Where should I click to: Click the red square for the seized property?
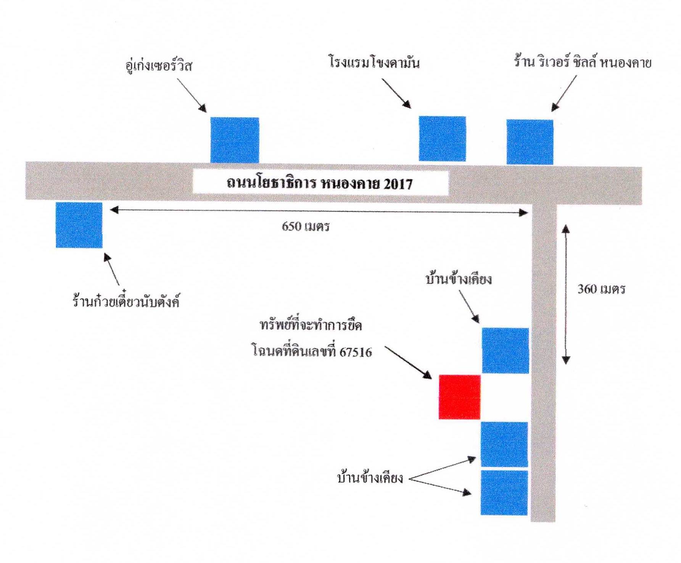pos(459,397)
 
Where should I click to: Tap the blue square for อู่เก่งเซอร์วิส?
pos(235,140)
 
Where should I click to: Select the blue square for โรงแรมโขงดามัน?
pos(442,139)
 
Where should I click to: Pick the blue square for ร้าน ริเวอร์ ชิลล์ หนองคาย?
pos(530,142)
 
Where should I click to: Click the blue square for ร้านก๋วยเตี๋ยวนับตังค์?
pos(79,225)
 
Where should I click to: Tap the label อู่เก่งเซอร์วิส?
pos(159,66)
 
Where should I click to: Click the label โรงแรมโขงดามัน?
pos(374,62)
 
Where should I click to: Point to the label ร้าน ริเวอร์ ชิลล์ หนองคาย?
pos(582,62)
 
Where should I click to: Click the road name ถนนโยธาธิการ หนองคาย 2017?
pos(319,184)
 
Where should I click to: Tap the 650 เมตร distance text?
pos(306,227)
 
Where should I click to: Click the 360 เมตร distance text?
pos(601,289)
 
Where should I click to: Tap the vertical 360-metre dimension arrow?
pos(566,294)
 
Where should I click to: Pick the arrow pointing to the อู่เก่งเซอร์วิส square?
pos(192,95)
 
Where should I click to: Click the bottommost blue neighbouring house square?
pos(504,492)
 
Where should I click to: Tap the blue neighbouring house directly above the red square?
pos(506,350)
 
